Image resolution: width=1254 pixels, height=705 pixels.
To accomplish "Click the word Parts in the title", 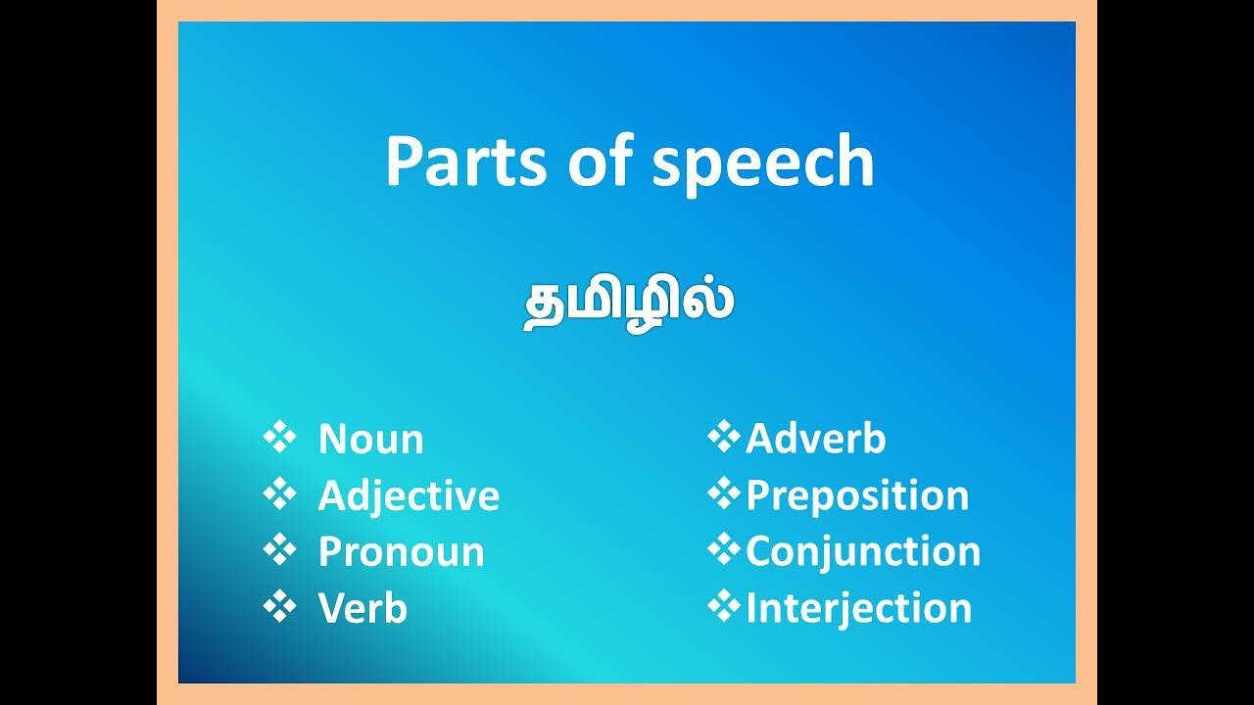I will point(465,162).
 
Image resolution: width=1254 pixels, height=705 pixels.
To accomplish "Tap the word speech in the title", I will point(762,164).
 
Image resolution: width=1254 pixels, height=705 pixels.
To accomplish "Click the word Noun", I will point(370,440).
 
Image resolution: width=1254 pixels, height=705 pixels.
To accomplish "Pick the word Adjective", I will point(409,496).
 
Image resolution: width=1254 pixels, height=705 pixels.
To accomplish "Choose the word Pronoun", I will point(401,552).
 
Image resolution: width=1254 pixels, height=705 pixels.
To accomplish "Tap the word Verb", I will point(362,609).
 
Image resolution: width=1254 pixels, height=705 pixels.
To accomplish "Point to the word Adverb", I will point(815,440).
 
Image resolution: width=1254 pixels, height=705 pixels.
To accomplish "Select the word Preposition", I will point(857,495).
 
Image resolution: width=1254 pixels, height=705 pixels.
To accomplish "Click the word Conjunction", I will point(863,551).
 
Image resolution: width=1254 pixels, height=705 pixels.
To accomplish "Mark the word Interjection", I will point(858,608).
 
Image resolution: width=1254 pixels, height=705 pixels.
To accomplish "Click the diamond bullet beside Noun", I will point(279,438).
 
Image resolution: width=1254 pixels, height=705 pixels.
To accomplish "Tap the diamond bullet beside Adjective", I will point(279,494).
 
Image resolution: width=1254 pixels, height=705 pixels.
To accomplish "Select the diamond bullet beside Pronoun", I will point(279,550).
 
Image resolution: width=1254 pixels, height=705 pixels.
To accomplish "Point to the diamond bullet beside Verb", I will point(279,607).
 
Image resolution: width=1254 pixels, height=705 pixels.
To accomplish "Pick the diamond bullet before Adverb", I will point(723,438).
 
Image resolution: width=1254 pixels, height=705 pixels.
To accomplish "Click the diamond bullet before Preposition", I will point(723,494).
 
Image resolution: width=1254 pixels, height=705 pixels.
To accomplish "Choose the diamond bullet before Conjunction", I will point(723,550).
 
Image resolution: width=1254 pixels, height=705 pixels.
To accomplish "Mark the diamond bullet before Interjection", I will point(723,607).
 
